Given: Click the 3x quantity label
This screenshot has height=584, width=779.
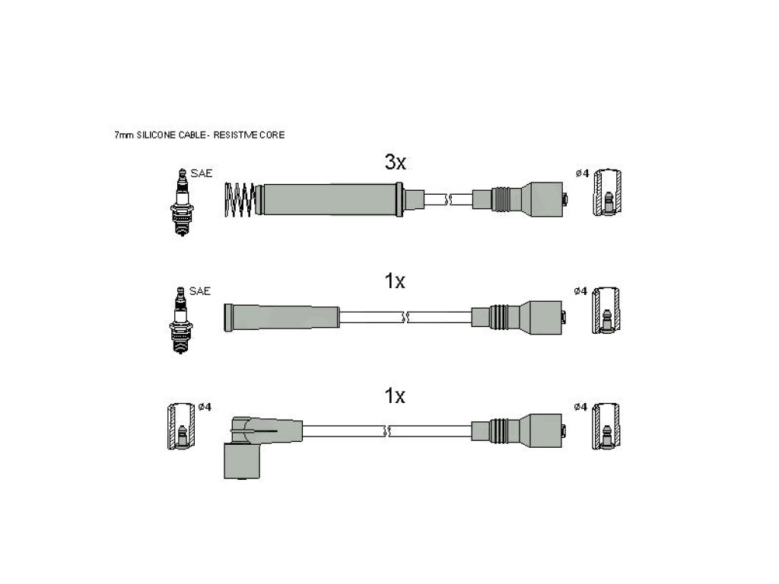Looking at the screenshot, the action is click(x=396, y=162).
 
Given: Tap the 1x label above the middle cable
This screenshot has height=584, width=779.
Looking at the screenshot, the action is click(x=395, y=281).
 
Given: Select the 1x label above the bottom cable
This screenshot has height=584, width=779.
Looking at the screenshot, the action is click(x=395, y=395).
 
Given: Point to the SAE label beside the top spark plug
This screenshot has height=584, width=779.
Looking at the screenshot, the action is click(x=201, y=173).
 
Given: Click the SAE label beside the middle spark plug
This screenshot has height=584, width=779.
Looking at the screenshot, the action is click(x=200, y=291).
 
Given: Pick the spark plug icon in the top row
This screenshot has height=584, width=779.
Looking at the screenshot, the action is click(x=183, y=202).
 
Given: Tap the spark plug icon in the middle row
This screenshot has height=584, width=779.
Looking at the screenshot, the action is click(x=181, y=320).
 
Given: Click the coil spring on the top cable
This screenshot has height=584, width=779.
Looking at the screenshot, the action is click(x=241, y=199).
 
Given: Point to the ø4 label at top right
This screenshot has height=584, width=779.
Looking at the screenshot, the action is click(x=582, y=173).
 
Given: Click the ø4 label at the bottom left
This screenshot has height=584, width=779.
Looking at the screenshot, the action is click(x=205, y=408).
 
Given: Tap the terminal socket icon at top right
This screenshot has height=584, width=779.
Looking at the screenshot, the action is click(x=607, y=192).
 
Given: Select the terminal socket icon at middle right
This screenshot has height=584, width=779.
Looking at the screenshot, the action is click(x=606, y=310).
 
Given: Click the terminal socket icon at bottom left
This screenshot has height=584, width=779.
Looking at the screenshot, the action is click(x=181, y=427).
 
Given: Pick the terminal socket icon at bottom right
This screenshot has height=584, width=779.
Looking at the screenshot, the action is click(x=606, y=427).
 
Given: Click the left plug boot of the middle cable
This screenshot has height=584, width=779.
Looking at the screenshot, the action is click(x=281, y=317).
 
